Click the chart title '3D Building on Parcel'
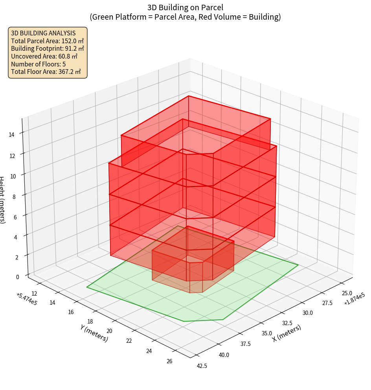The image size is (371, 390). pyautogui.click(x=185, y=7)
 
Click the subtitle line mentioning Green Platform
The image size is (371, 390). pyautogui.click(x=185, y=17)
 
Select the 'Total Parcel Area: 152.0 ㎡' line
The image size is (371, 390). pyautogui.click(x=48, y=41)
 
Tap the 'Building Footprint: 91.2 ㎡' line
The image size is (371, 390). pyautogui.click(x=48, y=49)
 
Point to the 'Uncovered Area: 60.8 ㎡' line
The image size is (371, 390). pyautogui.click(x=44, y=56)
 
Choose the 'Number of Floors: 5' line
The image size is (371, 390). pyautogui.click(x=39, y=64)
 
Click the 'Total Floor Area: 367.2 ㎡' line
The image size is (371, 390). pyautogui.click(x=46, y=72)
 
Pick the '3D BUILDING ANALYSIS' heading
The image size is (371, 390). pyautogui.click(x=43, y=33)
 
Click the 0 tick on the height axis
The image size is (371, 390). pyautogui.click(x=17, y=277)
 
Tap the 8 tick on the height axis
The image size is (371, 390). pyautogui.click(x=14, y=197)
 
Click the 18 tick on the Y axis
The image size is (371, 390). pyautogui.click(x=90, y=322)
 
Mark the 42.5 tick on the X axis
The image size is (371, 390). pyautogui.click(x=202, y=366)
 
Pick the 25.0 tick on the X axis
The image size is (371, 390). pyautogui.click(x=347, y=293)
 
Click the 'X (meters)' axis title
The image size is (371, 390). pyautogui.click(x=287, y=333)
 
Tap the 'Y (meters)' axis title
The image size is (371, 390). pyautogui.click(x=94, y=333)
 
